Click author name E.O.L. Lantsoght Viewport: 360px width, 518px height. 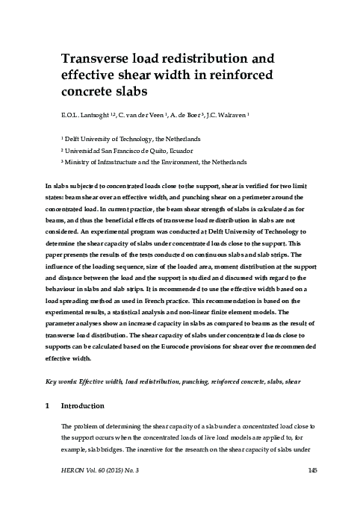click(86, 116)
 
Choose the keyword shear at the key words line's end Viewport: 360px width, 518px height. click(293, 381)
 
